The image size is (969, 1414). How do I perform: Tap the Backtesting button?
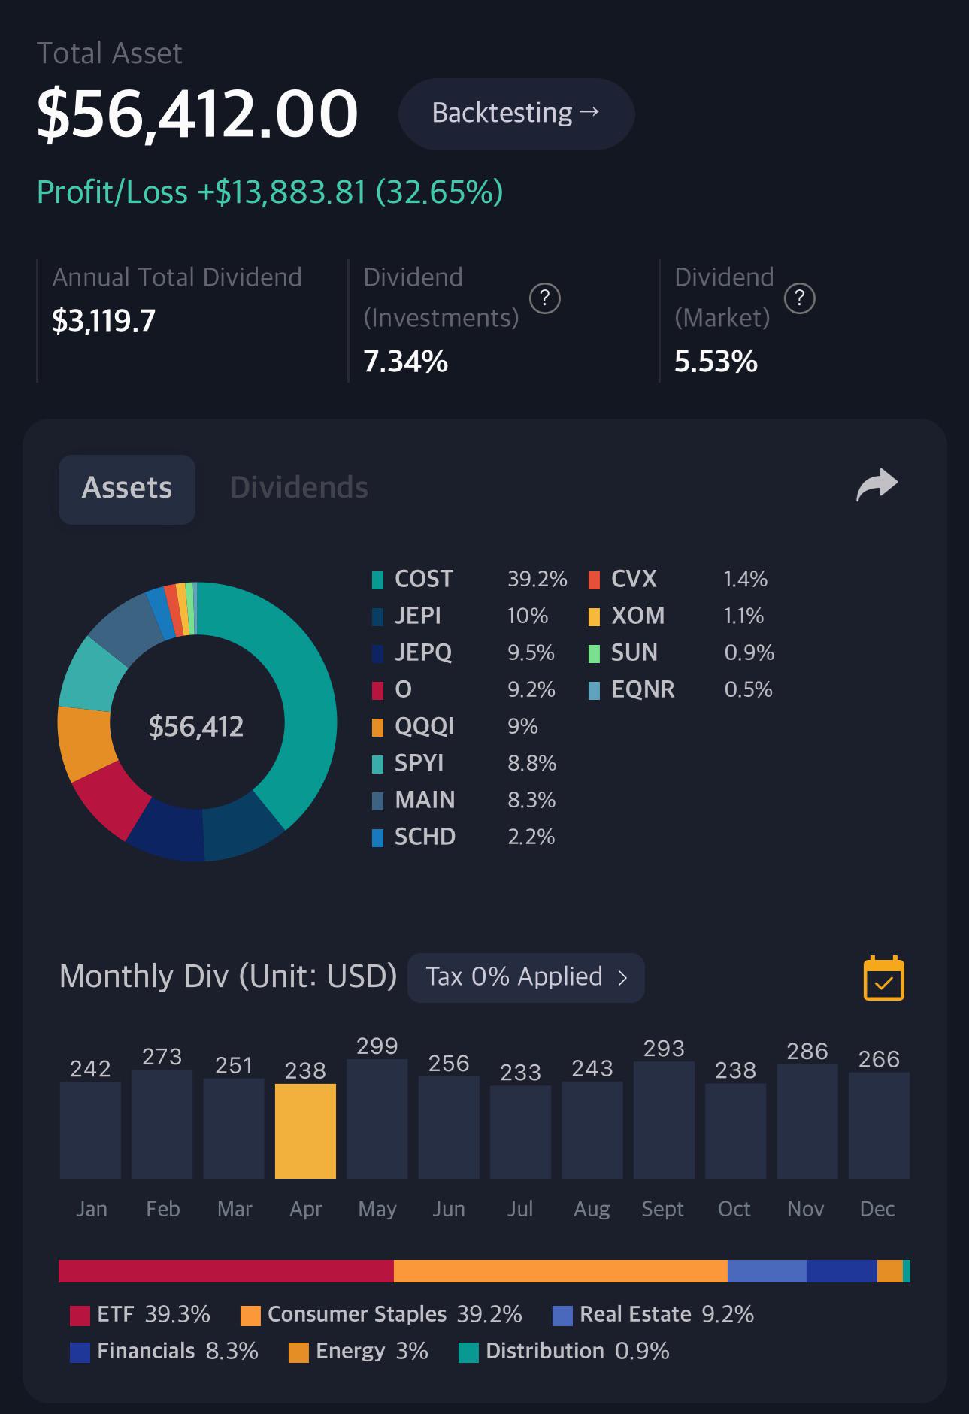516,114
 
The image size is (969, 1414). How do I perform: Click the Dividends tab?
298,488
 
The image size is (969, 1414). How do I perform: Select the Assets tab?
127,488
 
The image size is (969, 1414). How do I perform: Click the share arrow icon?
877,485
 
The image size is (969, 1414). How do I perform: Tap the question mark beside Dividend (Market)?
799,298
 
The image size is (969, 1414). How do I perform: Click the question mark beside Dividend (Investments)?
544,298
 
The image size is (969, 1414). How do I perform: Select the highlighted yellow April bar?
305,1131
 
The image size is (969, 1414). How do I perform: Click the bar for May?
377,1119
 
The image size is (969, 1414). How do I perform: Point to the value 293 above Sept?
664,1049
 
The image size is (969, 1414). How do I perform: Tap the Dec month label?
877,1209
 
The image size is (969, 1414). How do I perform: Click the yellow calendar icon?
883,979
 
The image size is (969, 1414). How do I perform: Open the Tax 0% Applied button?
525,977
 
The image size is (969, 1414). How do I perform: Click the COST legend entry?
422,579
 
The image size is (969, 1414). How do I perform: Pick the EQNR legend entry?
641,689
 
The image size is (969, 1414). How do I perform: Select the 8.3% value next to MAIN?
531,800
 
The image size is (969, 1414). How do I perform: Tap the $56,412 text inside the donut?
196,727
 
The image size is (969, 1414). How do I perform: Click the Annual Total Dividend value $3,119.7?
104,321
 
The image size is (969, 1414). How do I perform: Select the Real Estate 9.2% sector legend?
653,1314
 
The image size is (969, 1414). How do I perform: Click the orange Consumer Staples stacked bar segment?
560,1271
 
